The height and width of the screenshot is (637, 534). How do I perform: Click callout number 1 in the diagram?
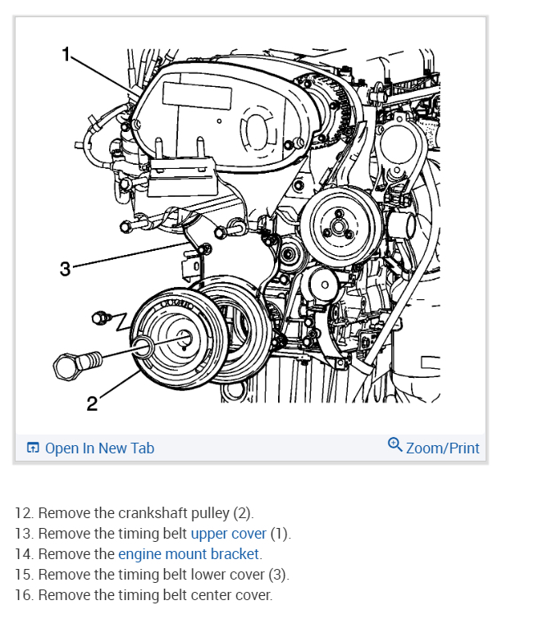67,55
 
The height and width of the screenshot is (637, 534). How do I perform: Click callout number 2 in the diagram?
92,403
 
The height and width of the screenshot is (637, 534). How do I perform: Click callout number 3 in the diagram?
66,268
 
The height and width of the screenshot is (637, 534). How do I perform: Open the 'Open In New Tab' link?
99,448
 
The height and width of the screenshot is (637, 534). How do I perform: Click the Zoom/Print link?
442,448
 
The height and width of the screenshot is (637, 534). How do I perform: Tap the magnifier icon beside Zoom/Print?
395,445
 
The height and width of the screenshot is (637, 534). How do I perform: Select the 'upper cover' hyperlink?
228,534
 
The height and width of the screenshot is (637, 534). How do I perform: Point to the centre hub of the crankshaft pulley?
182,337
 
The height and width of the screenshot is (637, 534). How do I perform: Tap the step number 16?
25,595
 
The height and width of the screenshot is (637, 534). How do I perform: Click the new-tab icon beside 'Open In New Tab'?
33,448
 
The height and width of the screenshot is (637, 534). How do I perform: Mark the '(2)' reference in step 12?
243,513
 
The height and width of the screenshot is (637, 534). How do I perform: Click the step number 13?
25,534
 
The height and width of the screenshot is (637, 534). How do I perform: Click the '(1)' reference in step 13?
281,534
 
